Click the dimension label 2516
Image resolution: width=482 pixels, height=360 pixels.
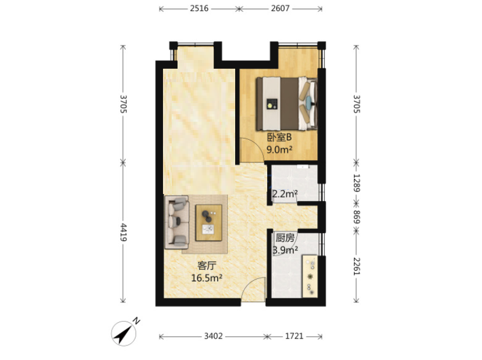click(x=199, y=8)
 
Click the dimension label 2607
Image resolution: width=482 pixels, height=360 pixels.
click(x=280, y=8)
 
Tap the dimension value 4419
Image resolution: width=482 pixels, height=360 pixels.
click(x=123, y=232)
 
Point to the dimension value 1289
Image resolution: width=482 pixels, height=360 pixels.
click(x=357, y=183)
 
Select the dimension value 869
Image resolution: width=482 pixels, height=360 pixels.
click(x=357, y=217)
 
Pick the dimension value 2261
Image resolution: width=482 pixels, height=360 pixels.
click(x=357, y=266)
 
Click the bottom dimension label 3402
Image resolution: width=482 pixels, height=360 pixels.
click(x=213, y=336)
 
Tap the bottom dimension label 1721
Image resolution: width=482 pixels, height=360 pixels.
click(x=294, y=336)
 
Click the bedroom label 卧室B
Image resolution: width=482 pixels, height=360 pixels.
click(x=279, y=137)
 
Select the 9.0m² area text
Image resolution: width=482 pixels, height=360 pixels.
click(x=279, y=150)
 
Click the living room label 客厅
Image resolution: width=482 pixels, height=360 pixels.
click(x=207, y=265)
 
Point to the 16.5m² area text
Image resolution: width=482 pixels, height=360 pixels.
click(x=207, y=278)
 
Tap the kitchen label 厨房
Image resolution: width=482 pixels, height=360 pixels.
click(x=285, y=238)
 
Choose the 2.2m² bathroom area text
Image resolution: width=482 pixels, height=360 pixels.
click(x=285, y=194)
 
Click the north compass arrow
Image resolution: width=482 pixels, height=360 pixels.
click(x=124, y=334)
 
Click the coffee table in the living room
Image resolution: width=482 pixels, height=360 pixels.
click(x=209, y=223)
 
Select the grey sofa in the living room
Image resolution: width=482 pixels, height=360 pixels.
click(x=177, y=222)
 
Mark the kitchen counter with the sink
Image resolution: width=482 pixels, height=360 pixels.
click(x=310, y=276)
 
